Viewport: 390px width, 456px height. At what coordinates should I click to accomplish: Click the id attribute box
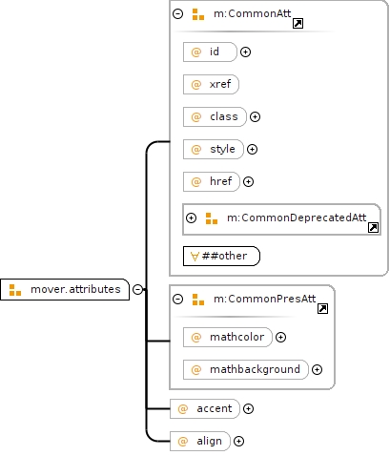click(x=210, y=52)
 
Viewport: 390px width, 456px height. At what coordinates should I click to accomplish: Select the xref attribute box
click(x=211, y=84)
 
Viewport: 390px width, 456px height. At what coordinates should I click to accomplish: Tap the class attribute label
click(x=224, y=116)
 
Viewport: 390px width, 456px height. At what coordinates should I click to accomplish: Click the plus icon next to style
click(x=252, y=149)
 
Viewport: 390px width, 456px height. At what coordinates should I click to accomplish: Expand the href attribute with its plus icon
click(x=248, y=181)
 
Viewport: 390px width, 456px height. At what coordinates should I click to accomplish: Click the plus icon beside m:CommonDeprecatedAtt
click(x=191, y=218)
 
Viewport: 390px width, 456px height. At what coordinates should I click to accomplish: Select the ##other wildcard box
click(x=221, y=256)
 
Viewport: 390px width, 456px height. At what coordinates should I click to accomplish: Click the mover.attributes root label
click(x=75, y=289)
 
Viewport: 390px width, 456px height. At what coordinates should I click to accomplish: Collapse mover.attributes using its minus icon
click(x=137, y=289)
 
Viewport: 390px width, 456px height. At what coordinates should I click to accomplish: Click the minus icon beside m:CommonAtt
click(x=177, y=13)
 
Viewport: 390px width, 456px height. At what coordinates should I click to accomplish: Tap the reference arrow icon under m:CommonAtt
click(x=298, y=23)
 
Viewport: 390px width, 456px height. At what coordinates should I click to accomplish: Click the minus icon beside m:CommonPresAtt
click(x=177, y=299)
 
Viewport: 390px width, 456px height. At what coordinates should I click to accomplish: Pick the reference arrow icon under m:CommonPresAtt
click(x=322, y=308)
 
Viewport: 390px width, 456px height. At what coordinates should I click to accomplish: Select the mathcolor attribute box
click(x=228, y=337)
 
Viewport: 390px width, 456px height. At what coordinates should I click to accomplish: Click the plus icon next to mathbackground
click(x=317, y=369)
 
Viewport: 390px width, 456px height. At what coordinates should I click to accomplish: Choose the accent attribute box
click(x=205, y=408)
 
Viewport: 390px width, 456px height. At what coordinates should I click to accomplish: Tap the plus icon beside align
click(x=238, y=441)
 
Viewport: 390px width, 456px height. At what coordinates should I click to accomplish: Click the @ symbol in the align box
click(x=183, y=441)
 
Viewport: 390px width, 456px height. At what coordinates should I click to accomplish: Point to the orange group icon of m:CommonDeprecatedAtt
click(x=212, y=218)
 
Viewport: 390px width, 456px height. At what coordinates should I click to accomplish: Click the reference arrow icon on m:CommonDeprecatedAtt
click(x=373, y=227)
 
